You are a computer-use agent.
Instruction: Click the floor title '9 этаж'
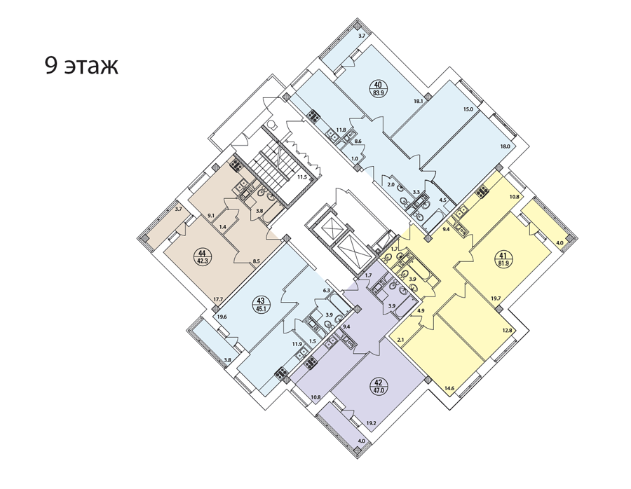81,66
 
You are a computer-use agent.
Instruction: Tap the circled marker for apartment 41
503,259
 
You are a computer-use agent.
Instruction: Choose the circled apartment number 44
202,256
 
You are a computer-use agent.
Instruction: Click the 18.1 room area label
418,102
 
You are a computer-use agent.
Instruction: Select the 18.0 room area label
505,146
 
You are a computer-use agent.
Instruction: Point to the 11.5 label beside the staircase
302,177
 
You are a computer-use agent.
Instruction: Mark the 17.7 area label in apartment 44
219,298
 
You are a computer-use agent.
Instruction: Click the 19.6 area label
222,317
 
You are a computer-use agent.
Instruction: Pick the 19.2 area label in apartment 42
360,423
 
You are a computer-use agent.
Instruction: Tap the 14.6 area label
449,388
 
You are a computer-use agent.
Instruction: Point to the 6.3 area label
326,290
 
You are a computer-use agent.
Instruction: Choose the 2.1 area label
400,340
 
